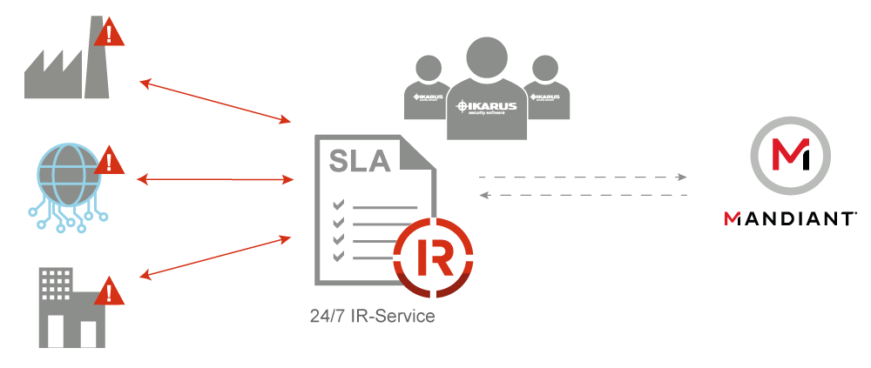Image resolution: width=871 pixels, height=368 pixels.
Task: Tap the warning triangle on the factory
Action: [109, 34]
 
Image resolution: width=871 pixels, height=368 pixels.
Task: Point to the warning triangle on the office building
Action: [109, 291]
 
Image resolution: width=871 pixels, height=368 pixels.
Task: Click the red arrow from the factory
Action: [214, 100]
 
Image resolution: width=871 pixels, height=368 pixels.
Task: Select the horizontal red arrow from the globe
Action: [216, 179]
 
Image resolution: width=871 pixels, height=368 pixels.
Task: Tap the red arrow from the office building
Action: [214, 257]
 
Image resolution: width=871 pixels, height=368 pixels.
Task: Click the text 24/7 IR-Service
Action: [372, 316]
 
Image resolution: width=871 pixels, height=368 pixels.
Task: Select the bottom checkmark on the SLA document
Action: [339, 256]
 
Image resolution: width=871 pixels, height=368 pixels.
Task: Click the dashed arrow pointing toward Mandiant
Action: [583, 177]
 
